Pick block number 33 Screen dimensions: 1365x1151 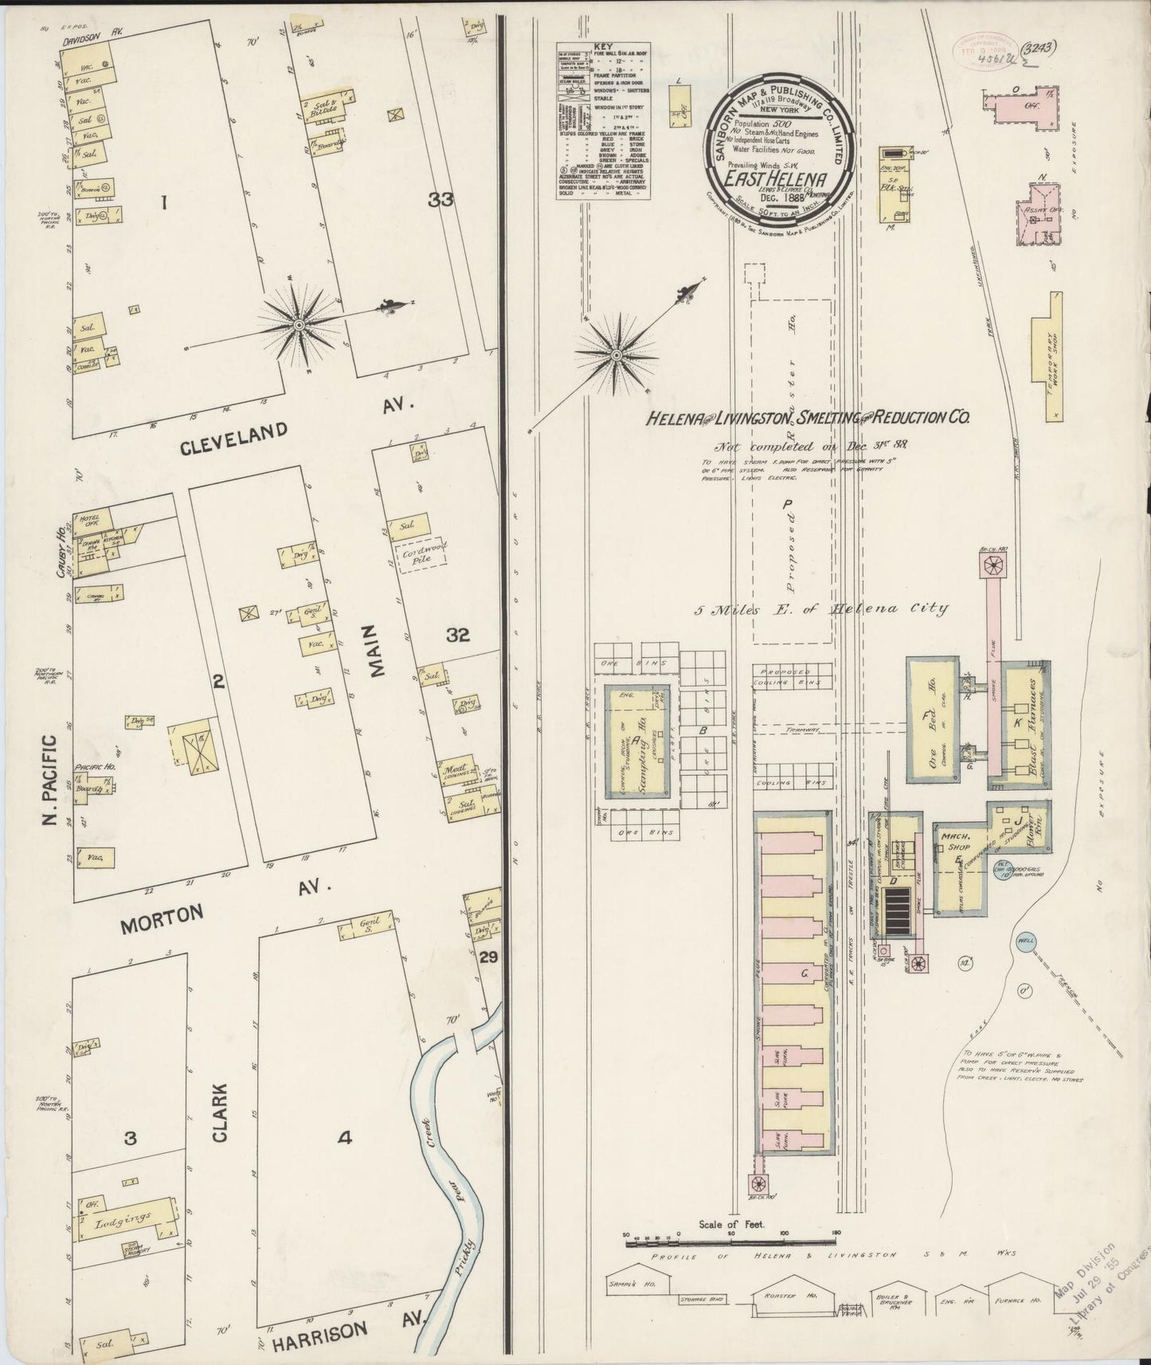click(440, 201)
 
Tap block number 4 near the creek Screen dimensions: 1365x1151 click(344, 1139)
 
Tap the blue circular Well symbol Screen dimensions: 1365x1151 click(1025, 941)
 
